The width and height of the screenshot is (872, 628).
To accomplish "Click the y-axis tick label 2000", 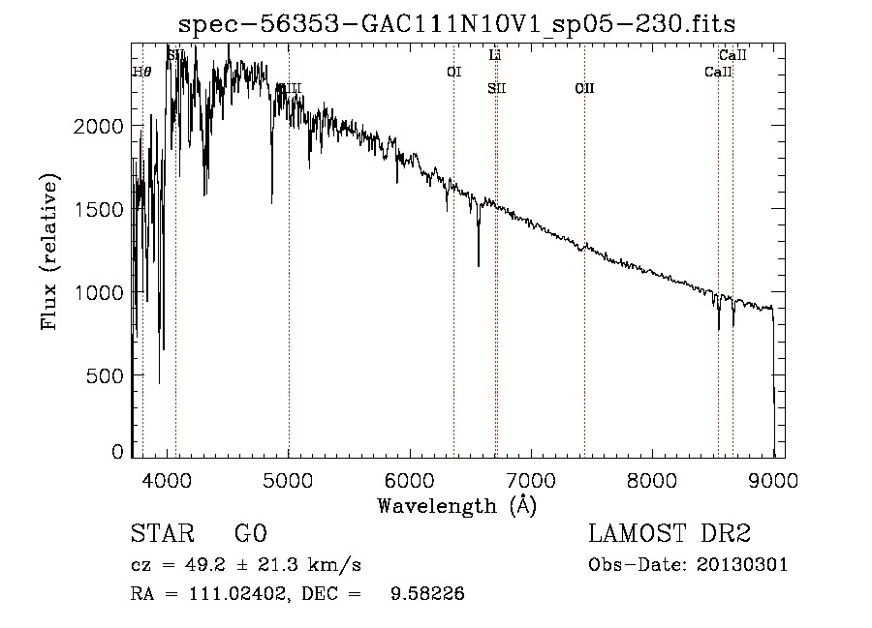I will (x=102, y=127).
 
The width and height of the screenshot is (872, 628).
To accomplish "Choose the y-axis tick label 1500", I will (x=102, y=210).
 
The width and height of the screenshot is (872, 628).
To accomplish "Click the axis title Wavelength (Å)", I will (x=456, y=505).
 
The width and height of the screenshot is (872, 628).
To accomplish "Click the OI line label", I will (x=453, y=72).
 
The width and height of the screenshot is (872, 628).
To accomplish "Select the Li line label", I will (x=495, y=56).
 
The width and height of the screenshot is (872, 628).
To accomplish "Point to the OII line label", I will (x=584, y=88).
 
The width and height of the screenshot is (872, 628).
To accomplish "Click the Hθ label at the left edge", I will (x=141, y=72).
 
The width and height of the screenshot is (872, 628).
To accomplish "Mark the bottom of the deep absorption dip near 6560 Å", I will (x=478, y=265).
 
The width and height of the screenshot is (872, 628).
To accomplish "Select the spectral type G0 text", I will (x=250, y=535).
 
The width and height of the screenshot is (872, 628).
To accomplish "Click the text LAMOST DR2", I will (x=670, y=535).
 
